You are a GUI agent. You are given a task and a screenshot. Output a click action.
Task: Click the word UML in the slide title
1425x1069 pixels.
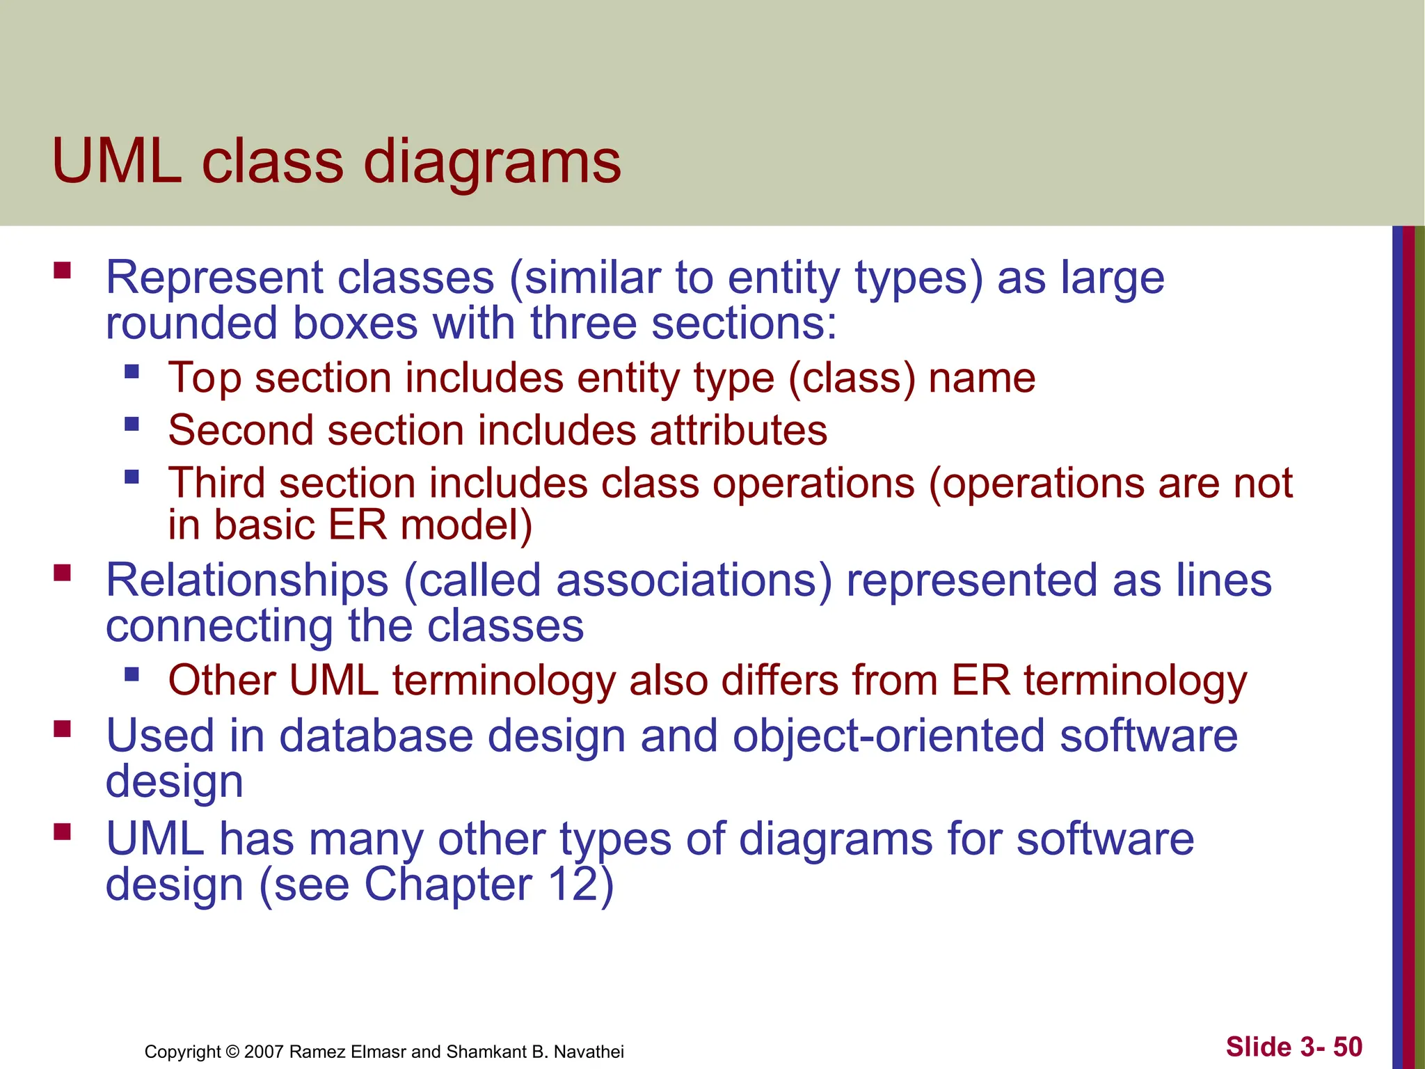coord(117,161)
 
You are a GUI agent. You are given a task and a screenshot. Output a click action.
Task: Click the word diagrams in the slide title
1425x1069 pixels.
coord(492,164)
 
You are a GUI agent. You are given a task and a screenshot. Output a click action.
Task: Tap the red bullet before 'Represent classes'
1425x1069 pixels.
coord(63,270)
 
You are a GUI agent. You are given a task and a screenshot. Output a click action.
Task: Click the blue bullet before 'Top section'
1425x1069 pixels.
coord(132,370)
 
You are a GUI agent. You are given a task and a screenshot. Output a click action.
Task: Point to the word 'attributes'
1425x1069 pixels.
coord(738,430)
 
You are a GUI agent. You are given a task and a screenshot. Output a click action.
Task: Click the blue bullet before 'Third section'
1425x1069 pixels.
coord(132,477)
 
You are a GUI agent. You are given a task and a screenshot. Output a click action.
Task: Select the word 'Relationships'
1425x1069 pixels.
coord(247,581)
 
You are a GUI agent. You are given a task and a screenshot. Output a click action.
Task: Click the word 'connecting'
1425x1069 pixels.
coord(219,626)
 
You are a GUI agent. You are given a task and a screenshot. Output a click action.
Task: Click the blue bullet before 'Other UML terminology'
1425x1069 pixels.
coord(132,674)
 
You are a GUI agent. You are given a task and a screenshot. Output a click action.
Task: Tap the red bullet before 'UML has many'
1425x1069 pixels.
coord(63,832)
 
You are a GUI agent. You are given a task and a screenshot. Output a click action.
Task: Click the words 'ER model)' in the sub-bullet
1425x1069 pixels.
coord(430,525)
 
